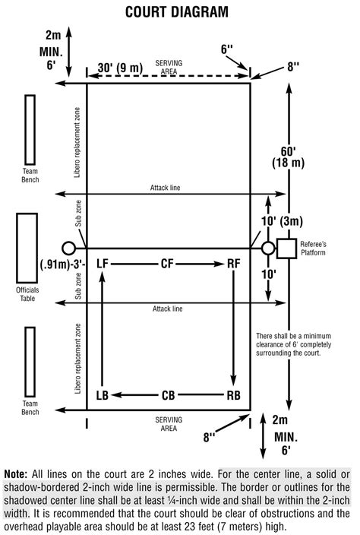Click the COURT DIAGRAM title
177,12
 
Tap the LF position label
103,264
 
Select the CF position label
167,264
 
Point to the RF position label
234,264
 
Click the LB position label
103,395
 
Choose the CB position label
168,395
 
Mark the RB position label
233,395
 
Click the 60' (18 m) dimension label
288,157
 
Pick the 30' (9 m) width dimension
120,68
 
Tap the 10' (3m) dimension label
282,221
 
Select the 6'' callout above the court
226,49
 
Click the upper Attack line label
165,188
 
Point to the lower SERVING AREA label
169,424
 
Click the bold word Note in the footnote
15,474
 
